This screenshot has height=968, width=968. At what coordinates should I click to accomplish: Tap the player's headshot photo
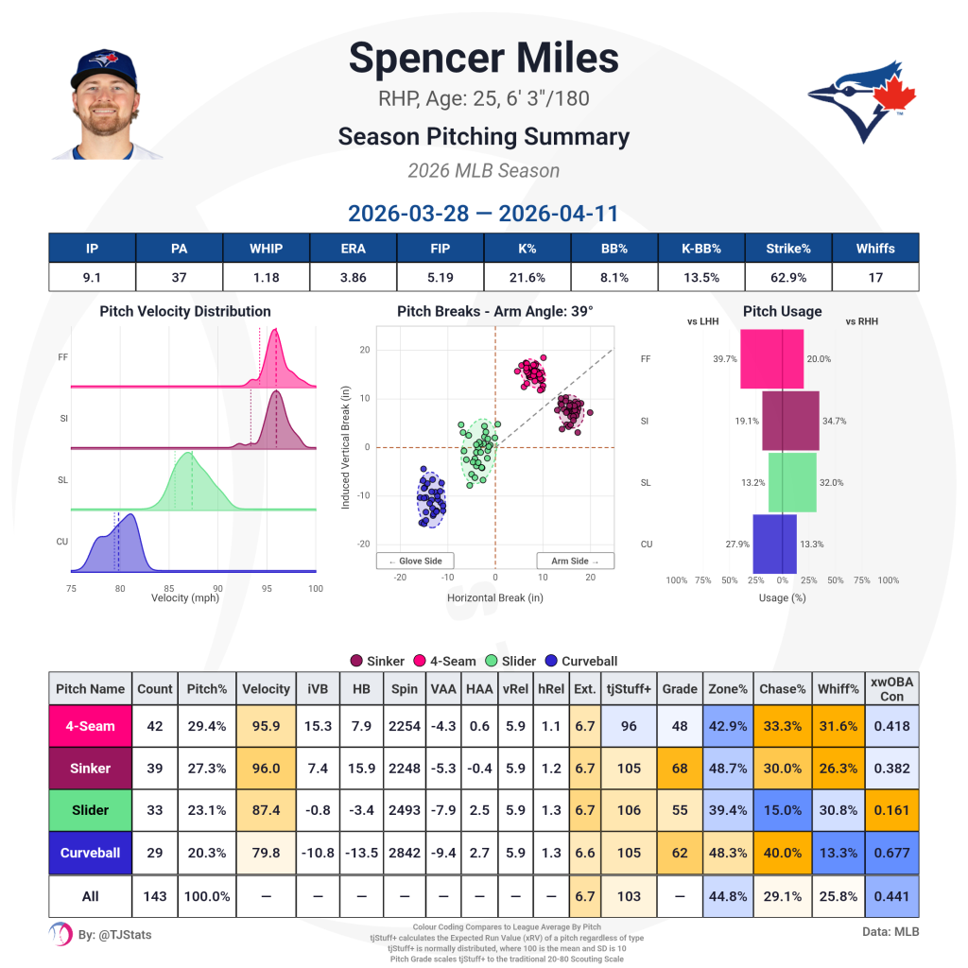point(105,103)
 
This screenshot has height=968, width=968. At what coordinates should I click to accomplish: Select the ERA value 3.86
point(353,277)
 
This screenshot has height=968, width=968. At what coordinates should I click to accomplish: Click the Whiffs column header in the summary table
point(874,249)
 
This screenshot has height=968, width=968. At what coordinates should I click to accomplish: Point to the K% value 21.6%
point(527,277)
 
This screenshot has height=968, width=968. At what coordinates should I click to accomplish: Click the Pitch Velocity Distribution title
point(184,311)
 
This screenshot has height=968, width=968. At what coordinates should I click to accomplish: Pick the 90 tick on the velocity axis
point(217,587)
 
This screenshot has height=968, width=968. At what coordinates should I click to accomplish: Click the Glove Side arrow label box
point(414,561)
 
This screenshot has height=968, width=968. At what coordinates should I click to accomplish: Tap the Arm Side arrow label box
point(575,561)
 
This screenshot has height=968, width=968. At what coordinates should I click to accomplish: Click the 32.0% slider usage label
point(832,483)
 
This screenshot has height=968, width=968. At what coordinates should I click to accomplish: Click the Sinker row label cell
point(90,769)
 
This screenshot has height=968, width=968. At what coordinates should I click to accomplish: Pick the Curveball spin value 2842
point(405,853)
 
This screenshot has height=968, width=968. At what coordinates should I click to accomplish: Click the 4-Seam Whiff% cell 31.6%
point(837,726)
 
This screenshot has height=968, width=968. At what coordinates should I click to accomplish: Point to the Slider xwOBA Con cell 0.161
point(891,810)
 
